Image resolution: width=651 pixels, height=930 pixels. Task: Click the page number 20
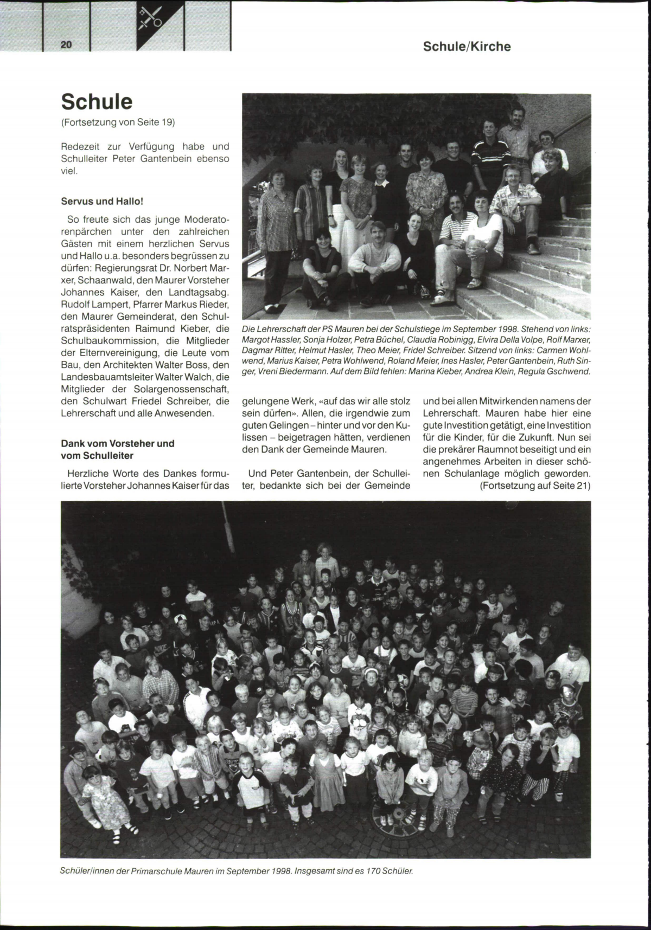pyautogui.click(x=66, y=45)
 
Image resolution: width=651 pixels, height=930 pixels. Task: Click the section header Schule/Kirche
pyautogui.click(x=467, y=47)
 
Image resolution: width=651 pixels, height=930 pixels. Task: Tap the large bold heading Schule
pyautogui.click(x=97, y=102)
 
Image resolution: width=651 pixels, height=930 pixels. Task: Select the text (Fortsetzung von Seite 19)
pyautogui.click(x=118, y=122)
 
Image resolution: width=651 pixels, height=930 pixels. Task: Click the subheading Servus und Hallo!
pyautogui.click(x=102, y=201)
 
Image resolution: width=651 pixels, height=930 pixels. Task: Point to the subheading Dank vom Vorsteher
pyautogui.click(x=118, y=443)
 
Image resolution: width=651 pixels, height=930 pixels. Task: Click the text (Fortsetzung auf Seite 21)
pyautogui.click(x=535, y=485)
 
